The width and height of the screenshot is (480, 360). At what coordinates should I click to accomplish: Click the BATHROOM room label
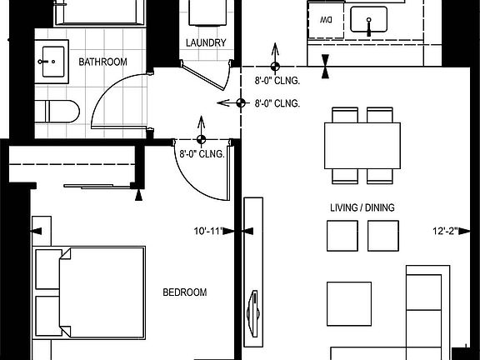pos(102,62)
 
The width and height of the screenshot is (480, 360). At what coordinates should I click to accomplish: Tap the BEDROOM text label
pos(184,292)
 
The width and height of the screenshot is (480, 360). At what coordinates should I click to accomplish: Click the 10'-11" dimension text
pos(209,231)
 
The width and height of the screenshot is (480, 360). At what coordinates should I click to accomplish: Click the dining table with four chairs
pos(362,145)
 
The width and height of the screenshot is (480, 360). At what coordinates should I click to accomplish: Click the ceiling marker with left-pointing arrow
pos(241,103)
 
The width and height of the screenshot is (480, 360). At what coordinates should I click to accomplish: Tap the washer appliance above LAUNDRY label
pos(204,12)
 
